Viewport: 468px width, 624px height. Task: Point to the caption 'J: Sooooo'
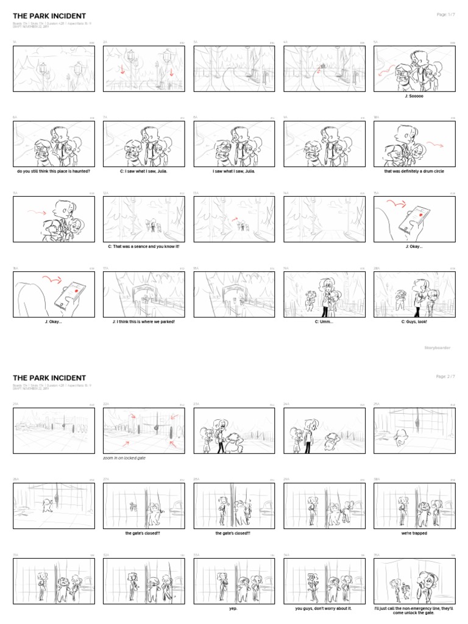414,96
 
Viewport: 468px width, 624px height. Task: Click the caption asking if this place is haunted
54,171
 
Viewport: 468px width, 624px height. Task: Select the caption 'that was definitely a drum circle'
414,171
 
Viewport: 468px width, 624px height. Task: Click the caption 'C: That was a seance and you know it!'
144,246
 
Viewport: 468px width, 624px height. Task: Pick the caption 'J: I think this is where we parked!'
144,321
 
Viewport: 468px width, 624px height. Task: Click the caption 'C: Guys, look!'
414,321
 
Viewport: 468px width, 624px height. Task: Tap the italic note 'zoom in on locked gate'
124,457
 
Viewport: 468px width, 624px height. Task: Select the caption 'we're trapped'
414,533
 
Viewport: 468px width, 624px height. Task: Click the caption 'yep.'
233,608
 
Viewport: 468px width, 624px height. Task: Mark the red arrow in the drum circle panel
434,144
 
